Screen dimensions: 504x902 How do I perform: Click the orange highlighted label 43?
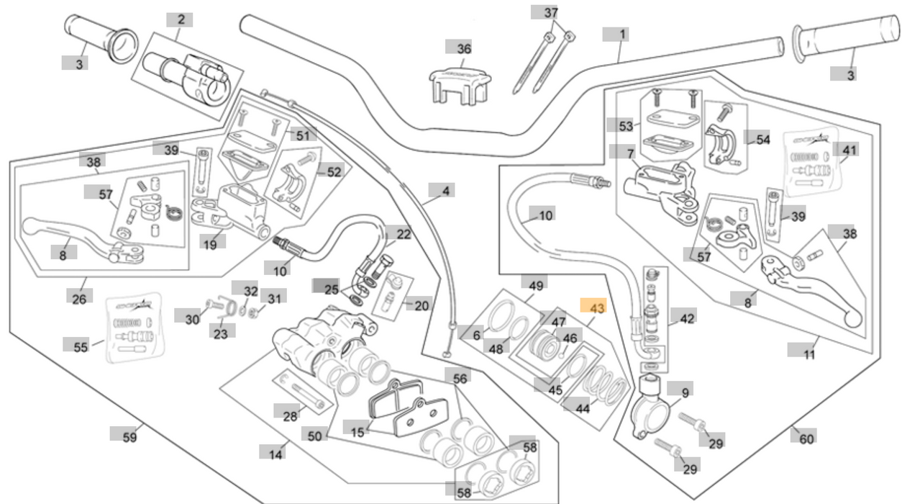(596, 307)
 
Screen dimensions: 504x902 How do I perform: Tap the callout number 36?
(464, 48)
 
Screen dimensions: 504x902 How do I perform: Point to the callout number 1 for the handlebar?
(622, 34)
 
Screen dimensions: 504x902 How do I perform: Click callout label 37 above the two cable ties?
(550, 13)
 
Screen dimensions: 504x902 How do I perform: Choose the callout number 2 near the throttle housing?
(181, 19)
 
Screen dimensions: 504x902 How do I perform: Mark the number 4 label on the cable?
(446, 191)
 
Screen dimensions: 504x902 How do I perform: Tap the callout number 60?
(806, 438)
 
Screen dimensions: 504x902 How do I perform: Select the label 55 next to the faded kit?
(80, 347)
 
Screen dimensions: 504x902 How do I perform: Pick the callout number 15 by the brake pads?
(357, 432)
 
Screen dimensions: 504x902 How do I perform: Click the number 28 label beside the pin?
(290, 416)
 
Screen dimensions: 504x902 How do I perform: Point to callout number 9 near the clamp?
(685, 392)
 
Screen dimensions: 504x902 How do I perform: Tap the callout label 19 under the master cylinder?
(209, 244)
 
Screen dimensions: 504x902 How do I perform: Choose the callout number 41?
(849, 150)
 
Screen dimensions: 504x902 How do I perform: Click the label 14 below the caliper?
(275, 454)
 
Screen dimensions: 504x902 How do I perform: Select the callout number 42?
(687, 318)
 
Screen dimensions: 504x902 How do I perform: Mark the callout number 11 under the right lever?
(809, 354)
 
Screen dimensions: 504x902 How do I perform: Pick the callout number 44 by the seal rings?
(582, 408)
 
